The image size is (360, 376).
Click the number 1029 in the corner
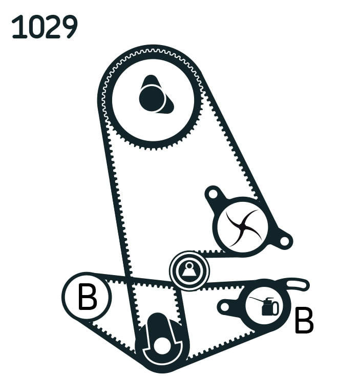45,27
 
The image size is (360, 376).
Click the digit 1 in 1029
18,27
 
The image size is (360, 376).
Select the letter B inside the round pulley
87,297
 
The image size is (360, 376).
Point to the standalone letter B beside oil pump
304,320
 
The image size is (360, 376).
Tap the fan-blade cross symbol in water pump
243,228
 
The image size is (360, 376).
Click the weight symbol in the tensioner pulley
189,270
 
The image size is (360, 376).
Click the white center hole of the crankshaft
161,346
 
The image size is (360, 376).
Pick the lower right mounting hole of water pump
285,241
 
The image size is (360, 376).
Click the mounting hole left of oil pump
225,307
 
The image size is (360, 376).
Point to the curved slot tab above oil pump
297,284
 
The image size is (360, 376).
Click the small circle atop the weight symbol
189,265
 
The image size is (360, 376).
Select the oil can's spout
256,301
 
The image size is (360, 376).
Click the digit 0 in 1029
34,27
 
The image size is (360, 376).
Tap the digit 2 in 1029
52,27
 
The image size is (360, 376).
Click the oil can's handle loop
275,308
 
